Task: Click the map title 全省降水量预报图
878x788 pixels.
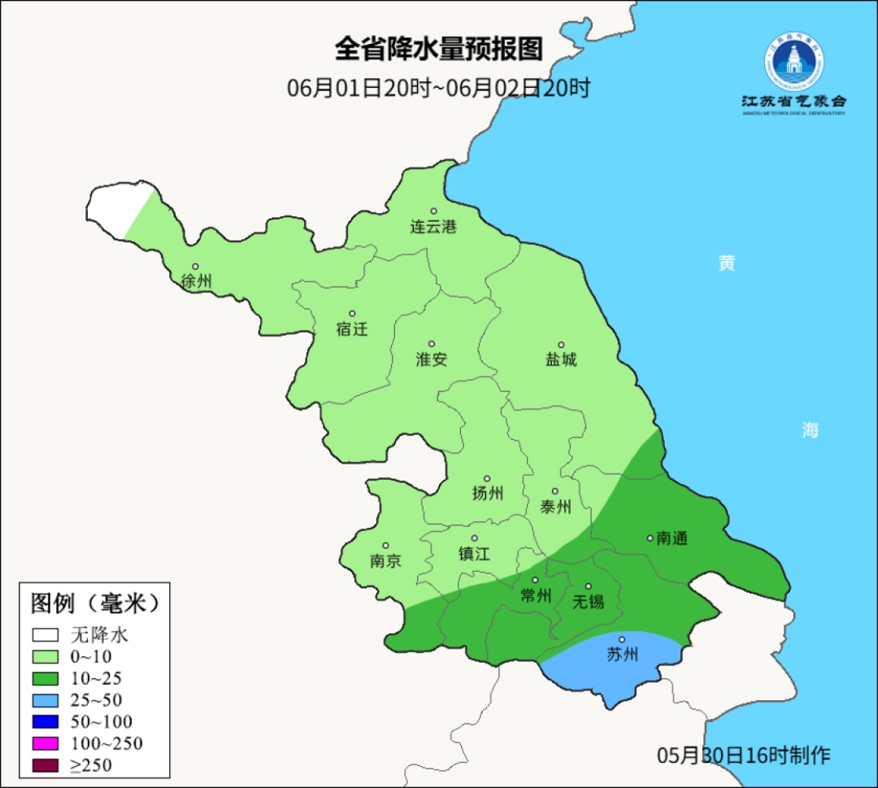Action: [438, 50]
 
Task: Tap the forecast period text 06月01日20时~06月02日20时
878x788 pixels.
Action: [438, 88]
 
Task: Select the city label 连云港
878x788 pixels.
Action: [433, 227]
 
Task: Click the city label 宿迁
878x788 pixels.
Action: [352, 329]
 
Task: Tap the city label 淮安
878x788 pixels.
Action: [432, 359]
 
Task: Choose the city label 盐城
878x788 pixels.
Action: [560, 359]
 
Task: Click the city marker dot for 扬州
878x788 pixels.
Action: [487, 479]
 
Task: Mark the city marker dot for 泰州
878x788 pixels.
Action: [555, 491]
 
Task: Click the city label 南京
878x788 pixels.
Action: [385, 561]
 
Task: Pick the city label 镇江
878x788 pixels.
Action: [475, 554]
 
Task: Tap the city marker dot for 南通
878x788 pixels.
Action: [650, 538]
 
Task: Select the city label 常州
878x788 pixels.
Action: [536, 596]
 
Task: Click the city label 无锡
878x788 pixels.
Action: [588, 602]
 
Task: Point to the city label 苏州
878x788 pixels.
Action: [622, 655]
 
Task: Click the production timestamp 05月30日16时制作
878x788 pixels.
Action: [744, 755]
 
